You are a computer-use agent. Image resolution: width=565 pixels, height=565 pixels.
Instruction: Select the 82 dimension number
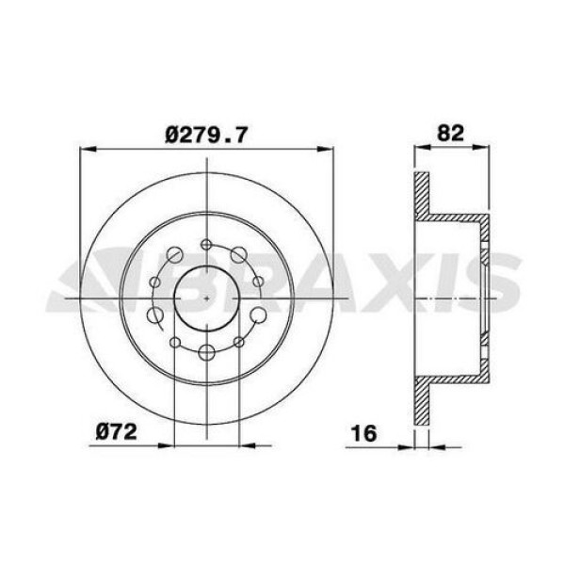coord(452,133)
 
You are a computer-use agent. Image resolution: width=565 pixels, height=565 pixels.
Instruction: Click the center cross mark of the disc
coord(206,295)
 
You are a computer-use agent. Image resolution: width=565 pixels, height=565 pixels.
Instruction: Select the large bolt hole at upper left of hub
coord(176,253)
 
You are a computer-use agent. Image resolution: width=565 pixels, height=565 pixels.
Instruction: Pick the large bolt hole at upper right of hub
coord(238,252)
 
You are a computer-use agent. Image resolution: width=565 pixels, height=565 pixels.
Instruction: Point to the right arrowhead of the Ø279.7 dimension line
coord(328,148)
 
